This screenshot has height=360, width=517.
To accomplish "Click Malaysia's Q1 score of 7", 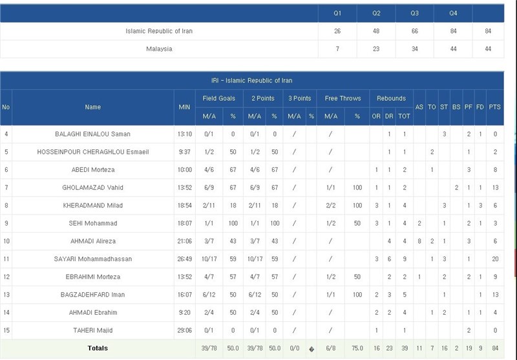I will (x=337, y=49).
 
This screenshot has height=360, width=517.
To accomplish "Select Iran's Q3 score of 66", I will (x=415, y=31).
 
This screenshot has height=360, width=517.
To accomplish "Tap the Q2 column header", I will (x=376, y=14).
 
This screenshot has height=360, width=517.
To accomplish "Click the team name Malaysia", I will (x=159, y=49).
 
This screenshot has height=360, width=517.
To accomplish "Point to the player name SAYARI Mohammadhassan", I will (x=93, y=259).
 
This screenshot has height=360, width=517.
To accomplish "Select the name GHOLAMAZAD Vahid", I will (x=93, y=187).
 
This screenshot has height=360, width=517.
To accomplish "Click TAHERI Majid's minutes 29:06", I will (x=184, y=330).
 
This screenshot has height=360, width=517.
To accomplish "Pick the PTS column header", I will (x=495, y=107).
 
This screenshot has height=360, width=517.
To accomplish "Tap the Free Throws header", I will (x=343, y=98).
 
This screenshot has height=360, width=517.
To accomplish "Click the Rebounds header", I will (x=392, y=98).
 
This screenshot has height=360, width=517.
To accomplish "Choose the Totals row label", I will (x=98, y=348).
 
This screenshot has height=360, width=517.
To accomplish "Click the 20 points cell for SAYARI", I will (x=495, y=259).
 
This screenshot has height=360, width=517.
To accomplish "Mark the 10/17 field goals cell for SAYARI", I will (x=208, y=259).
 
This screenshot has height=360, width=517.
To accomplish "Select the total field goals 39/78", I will (x=208, y=348).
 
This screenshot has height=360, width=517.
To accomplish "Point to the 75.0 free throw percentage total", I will (x=357, y=348).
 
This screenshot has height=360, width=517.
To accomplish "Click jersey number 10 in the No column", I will (x=6, y=241).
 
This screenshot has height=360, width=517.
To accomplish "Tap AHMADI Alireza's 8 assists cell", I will (x=419, y=241).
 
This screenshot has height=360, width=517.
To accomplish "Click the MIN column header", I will (x=184, y=107).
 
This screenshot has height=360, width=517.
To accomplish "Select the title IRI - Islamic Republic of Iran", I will (x=251, y=81).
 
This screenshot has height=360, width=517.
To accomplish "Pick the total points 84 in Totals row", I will (x=495, y=348).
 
